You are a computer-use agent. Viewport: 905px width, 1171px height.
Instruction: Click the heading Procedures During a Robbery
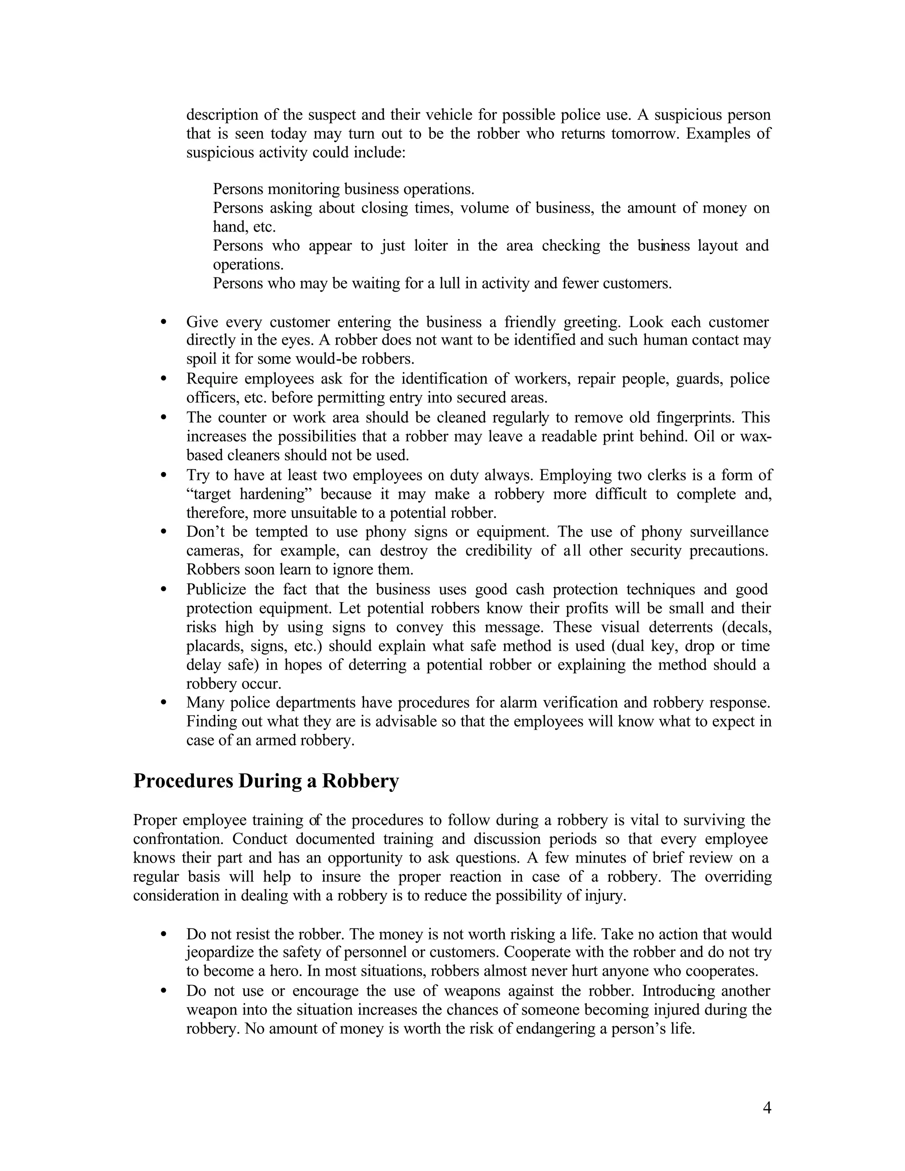point(266,781)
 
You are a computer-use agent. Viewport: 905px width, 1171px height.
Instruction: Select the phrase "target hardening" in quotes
point(249,494)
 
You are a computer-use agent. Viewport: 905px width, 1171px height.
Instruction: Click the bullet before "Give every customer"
point(164,322)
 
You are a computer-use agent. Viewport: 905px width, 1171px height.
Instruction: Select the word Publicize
point(216,589)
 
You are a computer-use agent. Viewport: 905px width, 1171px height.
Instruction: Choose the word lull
point(449,283)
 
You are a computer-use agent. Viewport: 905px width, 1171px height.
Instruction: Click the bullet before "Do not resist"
point(164,935)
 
